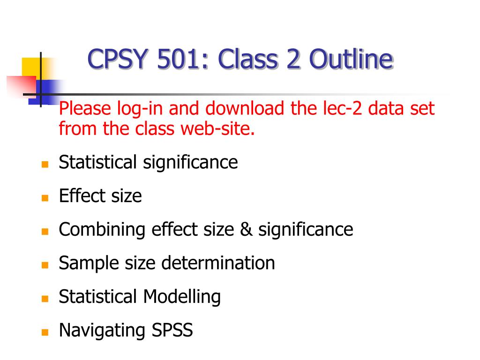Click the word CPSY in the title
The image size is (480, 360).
(118, 59)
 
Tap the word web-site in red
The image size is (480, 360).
(217, 128)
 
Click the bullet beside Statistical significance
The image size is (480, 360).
(45, 165)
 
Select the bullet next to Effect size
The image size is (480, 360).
(45, 198)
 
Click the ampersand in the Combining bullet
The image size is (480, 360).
(246, 229)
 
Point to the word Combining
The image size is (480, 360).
(102, 230)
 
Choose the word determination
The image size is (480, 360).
(218, 263)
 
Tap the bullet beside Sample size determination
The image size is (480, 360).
(45, 265)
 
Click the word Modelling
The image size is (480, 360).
(182, 297)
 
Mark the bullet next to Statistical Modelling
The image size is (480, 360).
(45, 299)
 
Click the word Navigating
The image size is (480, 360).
(102, 330)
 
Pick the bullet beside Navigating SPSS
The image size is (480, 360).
(45, 332)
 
